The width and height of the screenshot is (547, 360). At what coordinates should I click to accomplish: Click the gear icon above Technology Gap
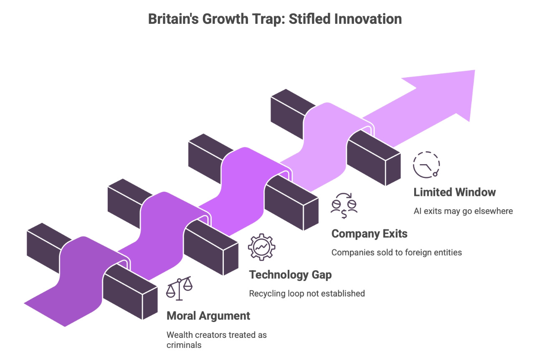pos(261,247)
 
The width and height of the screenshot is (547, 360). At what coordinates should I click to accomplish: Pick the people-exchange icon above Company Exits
pos(344,206)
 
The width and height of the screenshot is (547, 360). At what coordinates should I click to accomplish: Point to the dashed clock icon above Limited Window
pos(426,165)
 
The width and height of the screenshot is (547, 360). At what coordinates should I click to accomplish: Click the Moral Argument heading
pos(208,316)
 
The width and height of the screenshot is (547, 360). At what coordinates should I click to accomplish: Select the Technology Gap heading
pos(290,275)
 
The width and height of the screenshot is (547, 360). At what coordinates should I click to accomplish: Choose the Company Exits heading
pos(369,233)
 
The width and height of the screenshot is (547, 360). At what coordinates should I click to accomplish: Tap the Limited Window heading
pos(454,193)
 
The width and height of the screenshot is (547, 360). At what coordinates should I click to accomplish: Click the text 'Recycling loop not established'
pos(307,294)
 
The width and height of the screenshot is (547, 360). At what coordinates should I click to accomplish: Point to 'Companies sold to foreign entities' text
pos(397,253)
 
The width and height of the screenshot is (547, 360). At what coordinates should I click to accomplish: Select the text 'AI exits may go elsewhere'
pos(463,211)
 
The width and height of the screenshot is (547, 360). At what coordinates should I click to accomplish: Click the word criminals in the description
pos(184,345)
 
